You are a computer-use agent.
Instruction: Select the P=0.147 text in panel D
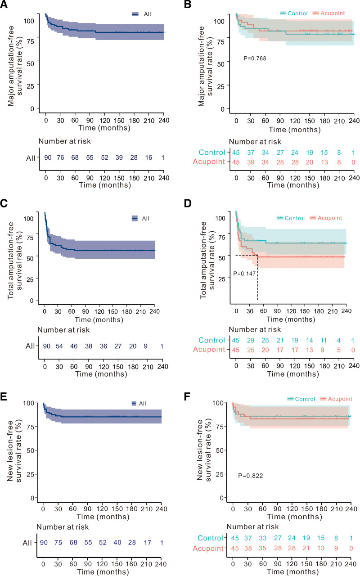[243, 273]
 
